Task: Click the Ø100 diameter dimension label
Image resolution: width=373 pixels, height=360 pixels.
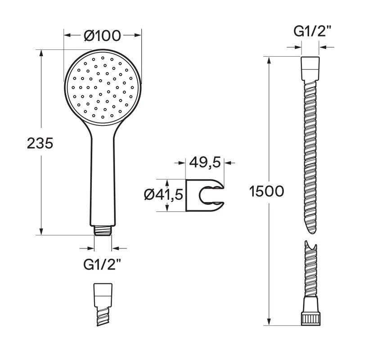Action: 103,36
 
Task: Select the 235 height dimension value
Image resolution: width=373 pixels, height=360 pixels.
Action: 40,144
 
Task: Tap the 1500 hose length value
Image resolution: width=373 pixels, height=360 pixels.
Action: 267,192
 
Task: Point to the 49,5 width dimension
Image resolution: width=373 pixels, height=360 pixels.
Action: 205,163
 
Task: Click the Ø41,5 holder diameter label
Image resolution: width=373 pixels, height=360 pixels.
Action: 163,195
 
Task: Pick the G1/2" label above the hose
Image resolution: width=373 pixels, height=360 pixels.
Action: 310,31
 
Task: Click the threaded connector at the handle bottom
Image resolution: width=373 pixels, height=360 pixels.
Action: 103,230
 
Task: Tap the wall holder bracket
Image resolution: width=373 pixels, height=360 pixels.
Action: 205,195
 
